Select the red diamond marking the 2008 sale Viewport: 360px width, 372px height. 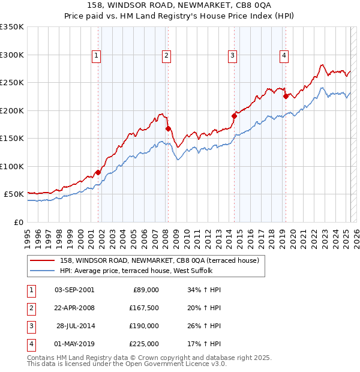(x=169, y=128)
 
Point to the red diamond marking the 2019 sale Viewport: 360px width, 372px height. (x=286, y=96)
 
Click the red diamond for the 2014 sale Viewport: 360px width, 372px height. (x=235, y=116)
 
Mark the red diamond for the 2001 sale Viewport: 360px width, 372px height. (x=98, y=172)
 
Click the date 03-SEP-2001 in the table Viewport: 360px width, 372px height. (x=74, y=290)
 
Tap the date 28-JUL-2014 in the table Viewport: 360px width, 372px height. (x=74, y=326)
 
